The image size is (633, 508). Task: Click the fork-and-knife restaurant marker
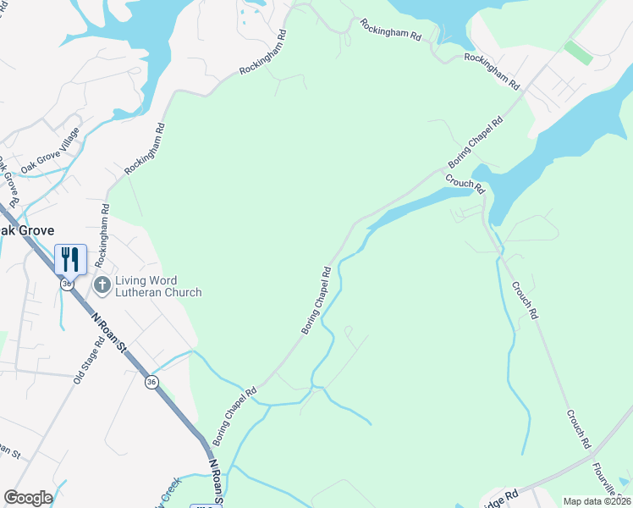(69, 258)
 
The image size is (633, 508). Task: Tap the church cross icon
(102, 284)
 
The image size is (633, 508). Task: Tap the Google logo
(28, 497)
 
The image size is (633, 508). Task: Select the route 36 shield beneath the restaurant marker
(65, 284)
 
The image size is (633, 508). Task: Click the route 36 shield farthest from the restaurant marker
(151, 383)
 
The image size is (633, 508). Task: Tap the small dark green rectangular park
(578, 52)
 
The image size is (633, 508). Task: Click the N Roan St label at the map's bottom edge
(217, 483)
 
